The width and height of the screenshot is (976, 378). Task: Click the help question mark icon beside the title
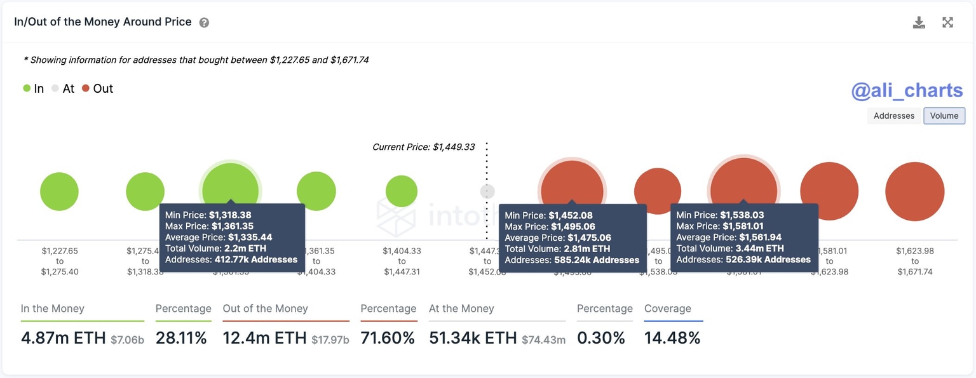point(204,23)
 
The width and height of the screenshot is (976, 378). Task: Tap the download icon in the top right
point(919,23)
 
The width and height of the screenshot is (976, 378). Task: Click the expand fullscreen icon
point(947,23)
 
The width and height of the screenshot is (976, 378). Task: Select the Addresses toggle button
point(893,116)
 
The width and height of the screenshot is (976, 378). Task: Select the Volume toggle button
point(944,116)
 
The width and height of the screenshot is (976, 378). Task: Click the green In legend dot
point(27,89)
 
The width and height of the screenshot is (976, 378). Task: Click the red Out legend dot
point(86,89)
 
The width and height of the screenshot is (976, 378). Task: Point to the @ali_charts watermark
point(907,91)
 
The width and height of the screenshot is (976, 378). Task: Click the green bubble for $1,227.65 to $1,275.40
point(59,191)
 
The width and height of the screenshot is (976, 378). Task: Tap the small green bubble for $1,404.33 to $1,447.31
point(402,191)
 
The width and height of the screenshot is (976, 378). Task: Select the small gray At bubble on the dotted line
point(487,191)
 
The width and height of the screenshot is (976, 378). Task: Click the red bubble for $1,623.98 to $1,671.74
point(914,191)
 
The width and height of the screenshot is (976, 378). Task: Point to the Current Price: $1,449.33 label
point(423,147)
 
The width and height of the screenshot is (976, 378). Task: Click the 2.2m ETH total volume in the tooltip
point(245,248)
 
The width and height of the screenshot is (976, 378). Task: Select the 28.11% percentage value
point(182,338)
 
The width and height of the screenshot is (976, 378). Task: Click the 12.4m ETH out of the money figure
point(265,338)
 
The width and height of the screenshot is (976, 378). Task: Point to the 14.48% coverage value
point(672,338)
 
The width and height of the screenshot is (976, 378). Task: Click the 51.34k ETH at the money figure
point(473,338)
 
